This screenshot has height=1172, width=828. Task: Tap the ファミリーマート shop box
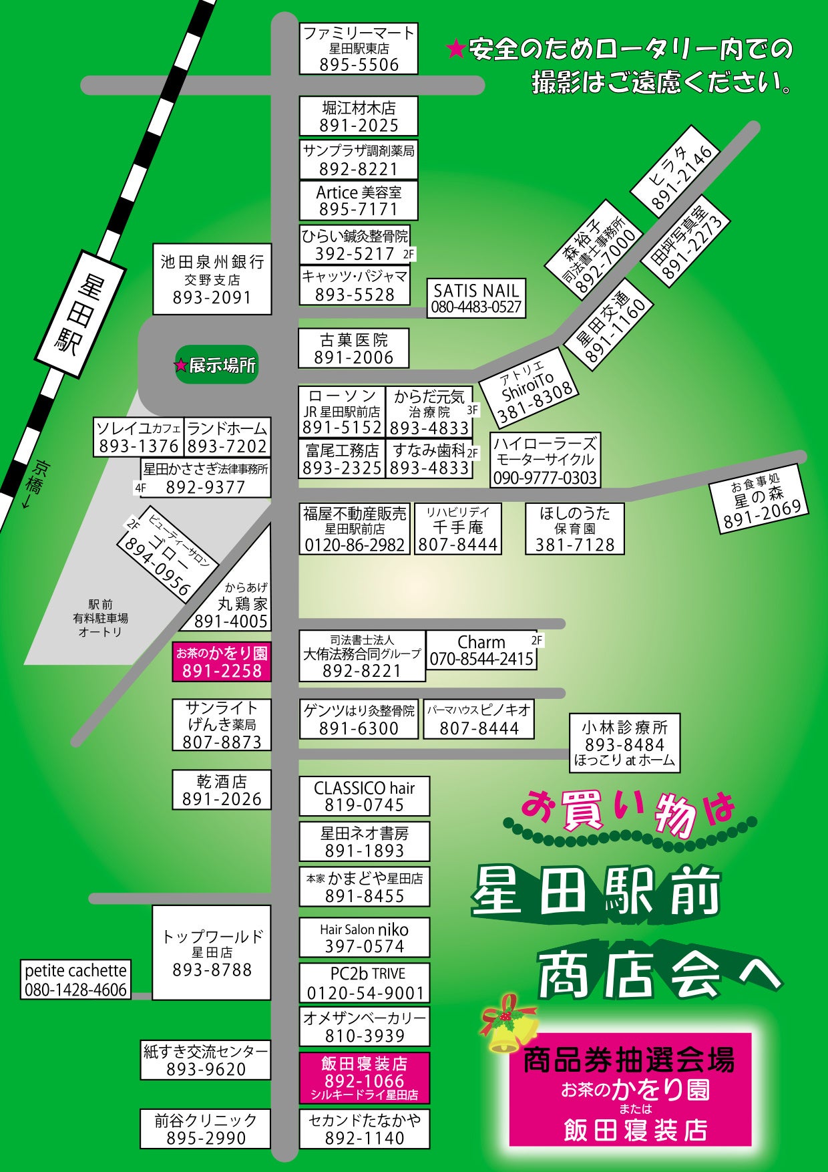359,49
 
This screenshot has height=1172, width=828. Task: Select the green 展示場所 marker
216,365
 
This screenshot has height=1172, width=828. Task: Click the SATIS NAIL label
476,298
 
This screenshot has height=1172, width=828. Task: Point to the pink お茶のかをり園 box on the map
222,662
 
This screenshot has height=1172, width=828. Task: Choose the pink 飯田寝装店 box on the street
364,1078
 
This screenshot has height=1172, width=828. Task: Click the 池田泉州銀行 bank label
212,279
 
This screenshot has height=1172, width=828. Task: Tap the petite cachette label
75,980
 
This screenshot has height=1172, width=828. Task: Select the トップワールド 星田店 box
212,952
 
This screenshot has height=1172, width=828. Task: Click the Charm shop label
481,649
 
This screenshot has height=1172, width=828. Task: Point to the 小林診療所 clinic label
624,742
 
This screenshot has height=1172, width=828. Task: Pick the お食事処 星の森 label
759,498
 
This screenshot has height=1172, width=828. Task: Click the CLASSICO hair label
364,796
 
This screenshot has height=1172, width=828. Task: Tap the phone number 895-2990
206,1138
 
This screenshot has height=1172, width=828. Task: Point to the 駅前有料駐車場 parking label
100,617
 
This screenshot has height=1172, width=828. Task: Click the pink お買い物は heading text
628,810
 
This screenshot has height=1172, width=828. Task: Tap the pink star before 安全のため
455,49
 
